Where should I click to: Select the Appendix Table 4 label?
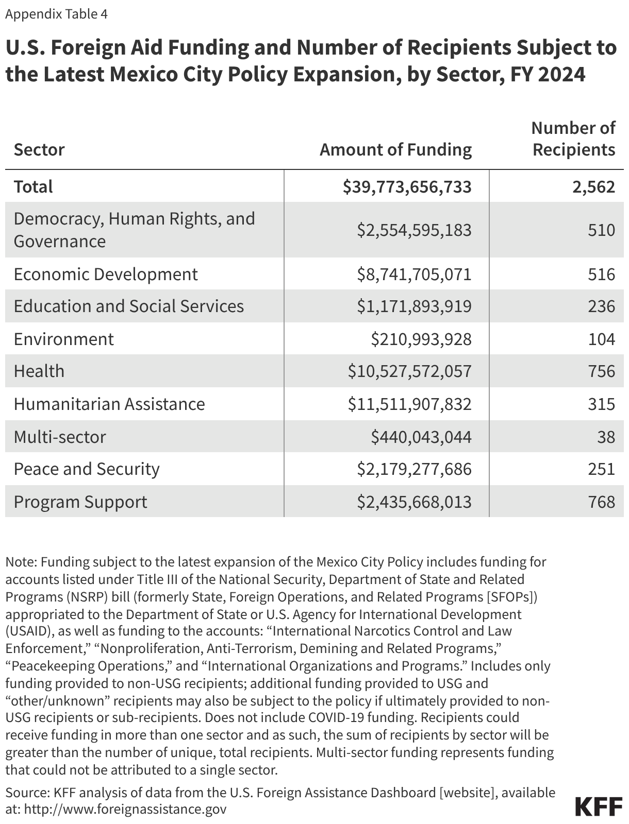click(56, 14)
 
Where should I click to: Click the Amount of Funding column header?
click(395, 150)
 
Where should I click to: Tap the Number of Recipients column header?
click(573, 139)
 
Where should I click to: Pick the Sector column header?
click(39, 150)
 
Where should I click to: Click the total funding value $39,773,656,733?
click(407, 186)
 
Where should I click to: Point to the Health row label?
click(39, 371)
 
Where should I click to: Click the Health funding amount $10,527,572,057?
click(409, 371)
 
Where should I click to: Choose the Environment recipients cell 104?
click(601, 339)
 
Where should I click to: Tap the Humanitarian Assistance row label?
click(109, 404)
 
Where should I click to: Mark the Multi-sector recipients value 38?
click(606, 437)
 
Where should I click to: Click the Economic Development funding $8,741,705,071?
click(414, 274)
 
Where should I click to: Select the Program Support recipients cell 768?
click(601, 502)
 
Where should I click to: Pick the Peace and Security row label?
click(87, 469)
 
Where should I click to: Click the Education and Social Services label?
click(128, 306)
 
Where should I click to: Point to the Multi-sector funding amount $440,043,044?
click(421, 437)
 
